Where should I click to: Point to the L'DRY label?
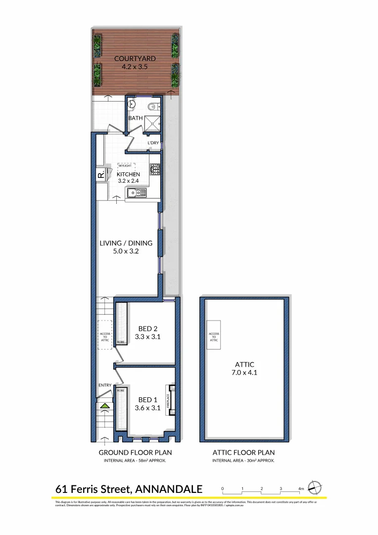point(153,143)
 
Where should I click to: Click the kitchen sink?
point(134,193)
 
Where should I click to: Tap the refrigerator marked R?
point(100,175)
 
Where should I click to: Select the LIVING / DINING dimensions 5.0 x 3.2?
point(126,251)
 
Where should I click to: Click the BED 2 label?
point(148,328)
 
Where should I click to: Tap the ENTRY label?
point(105,385)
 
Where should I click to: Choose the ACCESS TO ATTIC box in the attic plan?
point(214,337)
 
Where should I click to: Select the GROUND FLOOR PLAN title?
point(135,452)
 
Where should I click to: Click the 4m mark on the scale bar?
point(301,489)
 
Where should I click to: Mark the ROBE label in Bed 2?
point(120,342)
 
